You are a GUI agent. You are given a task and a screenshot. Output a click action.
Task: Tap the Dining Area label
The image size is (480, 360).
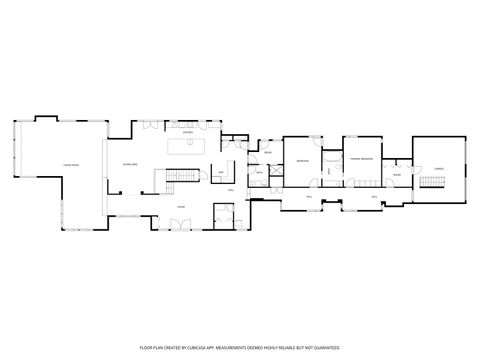pyautogui.click(x=129, y=163)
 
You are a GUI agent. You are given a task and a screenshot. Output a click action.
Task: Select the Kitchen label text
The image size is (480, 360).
pyautogui.click(x=187, y=131)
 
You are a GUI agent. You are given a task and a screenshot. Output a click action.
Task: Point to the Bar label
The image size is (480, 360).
pyautogui.click(x=221, y=172)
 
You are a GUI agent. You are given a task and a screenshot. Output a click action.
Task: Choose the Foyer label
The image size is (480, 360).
pyautogui.click(x=181, y=207)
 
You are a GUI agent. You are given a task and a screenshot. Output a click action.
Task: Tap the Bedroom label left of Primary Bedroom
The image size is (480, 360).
pyautogui.click(x=302, y=160)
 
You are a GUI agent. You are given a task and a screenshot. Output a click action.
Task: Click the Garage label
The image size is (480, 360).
pyautogui.click(x=438, y=170)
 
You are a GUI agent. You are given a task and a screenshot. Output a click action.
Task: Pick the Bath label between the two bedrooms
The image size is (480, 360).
pyautogui.click(x=330, y=172)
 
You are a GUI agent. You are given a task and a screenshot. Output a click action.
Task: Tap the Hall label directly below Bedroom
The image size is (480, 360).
pyautogui.click(x=309, y=197)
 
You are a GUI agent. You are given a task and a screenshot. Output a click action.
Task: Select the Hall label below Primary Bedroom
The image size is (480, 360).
pyautogui.click(x=374, y=197)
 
